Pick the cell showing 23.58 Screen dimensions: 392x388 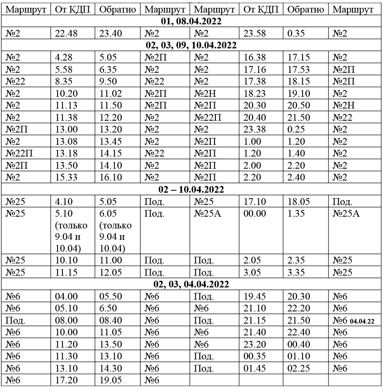pos(255,33)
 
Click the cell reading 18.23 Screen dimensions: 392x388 pos(255,94)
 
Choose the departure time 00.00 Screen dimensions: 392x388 pos(255,213)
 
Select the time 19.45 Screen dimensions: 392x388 pos(255,296)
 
